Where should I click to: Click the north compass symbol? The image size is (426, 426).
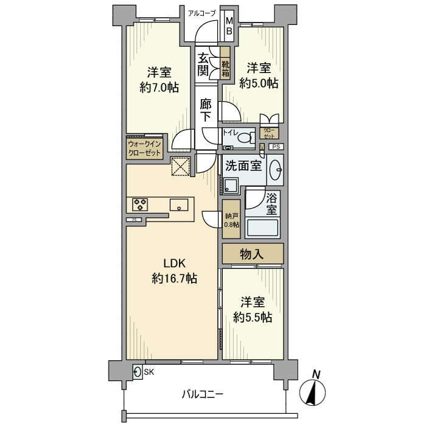click(x=312, y=391)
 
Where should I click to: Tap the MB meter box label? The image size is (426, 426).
click(x=229, y=26)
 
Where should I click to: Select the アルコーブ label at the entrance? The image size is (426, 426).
click(x=202, y=13)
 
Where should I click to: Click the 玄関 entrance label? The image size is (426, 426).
click(x=203, y=65)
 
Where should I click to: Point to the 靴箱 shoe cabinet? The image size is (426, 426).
click(x=225, y=63)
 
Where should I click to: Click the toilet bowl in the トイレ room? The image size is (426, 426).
click(x=246, y=138)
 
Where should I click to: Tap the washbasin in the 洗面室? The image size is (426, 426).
click(x=276, y=170)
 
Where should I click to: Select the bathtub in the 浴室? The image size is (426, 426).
click(x=262, y=228)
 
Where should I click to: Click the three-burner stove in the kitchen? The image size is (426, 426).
click(x=140, y=204)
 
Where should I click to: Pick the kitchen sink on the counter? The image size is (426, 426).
click(x=179, y=204)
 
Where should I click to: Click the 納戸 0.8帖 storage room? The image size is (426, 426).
click(x=231, y=219)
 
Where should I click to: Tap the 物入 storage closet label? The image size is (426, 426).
click(x=251, y=254)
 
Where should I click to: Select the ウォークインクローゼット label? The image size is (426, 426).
click(x=144, y=148)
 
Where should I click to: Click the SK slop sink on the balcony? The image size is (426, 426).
click(x=138, y=371)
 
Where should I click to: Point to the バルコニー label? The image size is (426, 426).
click(x=203, y=394)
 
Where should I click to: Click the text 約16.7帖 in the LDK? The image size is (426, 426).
click(x=175, y=279)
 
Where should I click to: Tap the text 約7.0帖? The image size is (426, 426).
click(x=159, y=88)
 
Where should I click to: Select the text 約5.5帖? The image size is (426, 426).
click(x=253, y=317)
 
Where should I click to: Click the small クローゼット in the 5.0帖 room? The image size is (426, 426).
click(x=269, y=133)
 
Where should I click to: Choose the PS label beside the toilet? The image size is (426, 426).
click(x=276, y=147)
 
